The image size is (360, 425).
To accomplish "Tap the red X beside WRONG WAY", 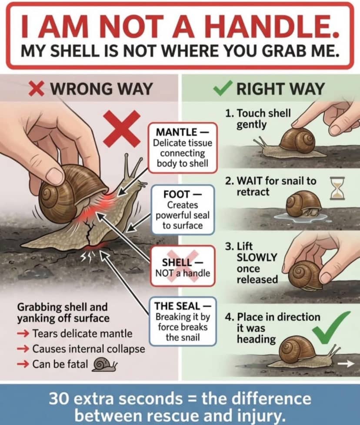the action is (x=36, y=88).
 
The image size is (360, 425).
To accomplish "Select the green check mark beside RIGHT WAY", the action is (x=223, y=88).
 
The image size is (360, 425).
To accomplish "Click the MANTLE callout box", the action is (x=183, y=148).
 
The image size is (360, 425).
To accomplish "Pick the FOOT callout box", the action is (x=183, y=210).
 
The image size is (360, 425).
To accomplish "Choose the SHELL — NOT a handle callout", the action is (x=183, y=267).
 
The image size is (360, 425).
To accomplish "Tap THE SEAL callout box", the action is (x=183, y=322).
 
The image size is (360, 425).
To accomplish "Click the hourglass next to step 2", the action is (x=337, y=188).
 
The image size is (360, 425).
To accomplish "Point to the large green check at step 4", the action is (x=330, y=327).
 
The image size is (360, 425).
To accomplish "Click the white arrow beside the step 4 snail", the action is (x=347, y=364).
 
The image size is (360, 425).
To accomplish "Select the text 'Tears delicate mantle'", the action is (x=82, y=333).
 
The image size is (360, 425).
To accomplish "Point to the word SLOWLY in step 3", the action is (x=257, y=257).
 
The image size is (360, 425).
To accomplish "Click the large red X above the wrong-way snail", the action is (x=123, y=127).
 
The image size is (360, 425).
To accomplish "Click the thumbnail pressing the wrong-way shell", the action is (x=54, y=176).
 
